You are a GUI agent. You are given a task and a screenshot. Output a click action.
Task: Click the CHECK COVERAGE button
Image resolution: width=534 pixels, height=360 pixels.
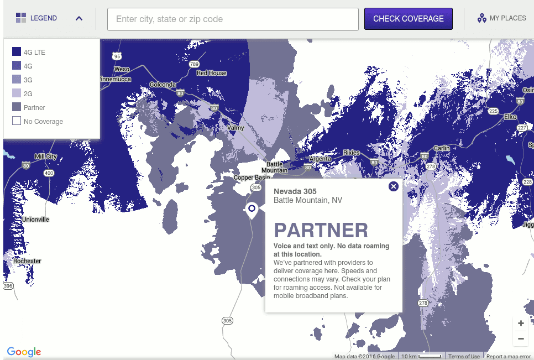pos(408,19)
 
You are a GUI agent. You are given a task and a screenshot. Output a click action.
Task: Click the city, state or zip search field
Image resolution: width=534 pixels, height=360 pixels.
pos(233,19)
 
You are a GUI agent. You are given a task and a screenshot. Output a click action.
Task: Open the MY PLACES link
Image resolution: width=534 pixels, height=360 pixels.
pos(502,18)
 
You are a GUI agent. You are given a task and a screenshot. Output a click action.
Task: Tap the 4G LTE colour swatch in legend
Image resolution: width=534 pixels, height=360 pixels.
pos(17,52)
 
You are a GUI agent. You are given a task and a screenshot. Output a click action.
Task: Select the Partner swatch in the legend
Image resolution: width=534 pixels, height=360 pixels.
pos(17,107)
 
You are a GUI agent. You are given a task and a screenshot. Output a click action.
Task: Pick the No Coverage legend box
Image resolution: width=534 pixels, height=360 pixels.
pos(17,121)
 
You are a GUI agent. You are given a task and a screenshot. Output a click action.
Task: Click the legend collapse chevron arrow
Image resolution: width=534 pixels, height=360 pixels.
pos(79,18)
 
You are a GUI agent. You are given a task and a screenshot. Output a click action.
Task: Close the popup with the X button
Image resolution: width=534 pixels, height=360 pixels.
pos(394,186)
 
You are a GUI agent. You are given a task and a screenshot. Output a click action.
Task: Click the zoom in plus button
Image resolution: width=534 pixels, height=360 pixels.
pos(521,323)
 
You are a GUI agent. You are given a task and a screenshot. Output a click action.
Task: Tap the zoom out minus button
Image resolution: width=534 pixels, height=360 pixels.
pos(521,338)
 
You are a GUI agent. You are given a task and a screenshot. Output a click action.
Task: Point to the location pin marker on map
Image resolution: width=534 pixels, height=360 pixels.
pos(252,209)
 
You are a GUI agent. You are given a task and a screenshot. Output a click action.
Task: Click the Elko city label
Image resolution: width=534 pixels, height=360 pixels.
pos(510,117)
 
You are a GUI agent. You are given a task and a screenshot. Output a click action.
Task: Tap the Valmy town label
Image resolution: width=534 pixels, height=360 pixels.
pos(235,128)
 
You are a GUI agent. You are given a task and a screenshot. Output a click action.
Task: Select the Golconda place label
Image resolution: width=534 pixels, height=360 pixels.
pos(163,85)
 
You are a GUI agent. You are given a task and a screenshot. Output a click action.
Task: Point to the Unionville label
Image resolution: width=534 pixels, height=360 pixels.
pos(35,220)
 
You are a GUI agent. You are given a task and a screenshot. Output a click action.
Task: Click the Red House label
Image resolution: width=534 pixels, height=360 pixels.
pos(212,73)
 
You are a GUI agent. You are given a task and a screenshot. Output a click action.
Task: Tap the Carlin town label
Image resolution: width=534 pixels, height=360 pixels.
pos(442,148)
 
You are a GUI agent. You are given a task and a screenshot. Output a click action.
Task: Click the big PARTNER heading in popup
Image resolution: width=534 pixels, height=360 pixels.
pos(321,231)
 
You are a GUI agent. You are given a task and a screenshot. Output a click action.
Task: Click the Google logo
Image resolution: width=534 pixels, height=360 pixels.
pos(24,352)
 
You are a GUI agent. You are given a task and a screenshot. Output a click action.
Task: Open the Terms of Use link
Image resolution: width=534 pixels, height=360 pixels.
pos(464,357)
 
